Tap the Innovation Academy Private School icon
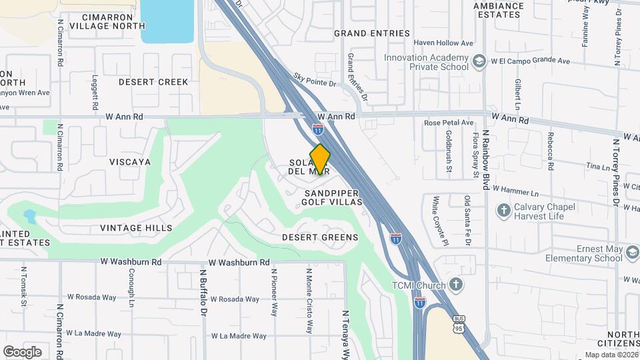pyautogui.click(x=479, y=62)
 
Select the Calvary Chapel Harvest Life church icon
pyautogui.click(x=505, y=211)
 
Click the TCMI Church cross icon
pyautogui.click(x=456, y=285)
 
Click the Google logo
pyautogui.click(x=22, y=352)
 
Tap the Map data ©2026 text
pyautogui.click(x=611, y=355)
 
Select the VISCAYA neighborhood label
pyautogui.click(x=131, y=162)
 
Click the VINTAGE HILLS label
pyautogui.click(x=136, y=228)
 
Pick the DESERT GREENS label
pyautogui.click(x=320, y=237)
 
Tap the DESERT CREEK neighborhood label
pyautogui.click(x=153, y=82)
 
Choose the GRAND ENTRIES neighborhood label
pyautogui.click(x=372, y=33)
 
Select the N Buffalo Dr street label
pyautogui.click(x=204, y=293)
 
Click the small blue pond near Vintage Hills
pyautogui.click(x=29, y=217)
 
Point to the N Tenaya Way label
pyautogui.click(x=345, y=333)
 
